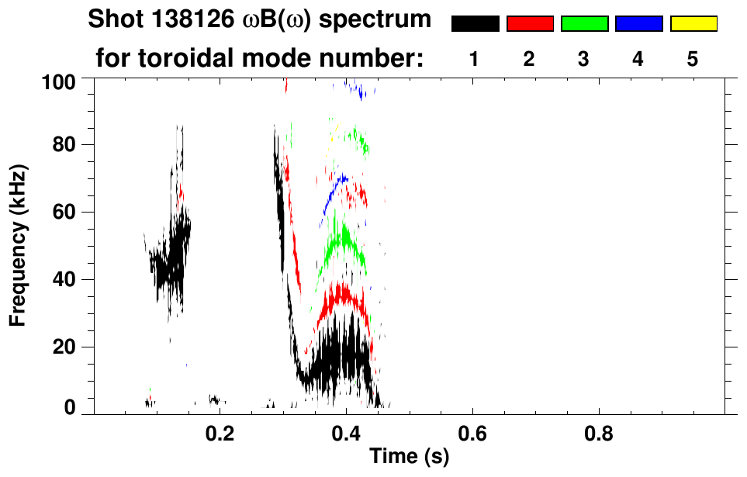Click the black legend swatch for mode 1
pos(476,24)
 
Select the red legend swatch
pos(530,24)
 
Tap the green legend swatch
pos(584,24)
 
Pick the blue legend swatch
pos(638,24)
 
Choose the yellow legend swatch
pos(693,24)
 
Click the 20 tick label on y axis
pos(67,347)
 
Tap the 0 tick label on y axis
pos(71,407)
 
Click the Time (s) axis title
pos(409,458)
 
